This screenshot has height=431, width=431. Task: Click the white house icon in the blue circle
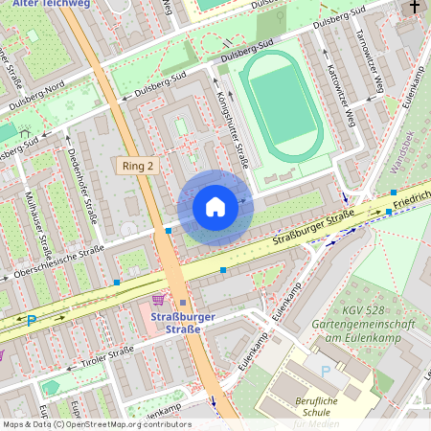[215, 207]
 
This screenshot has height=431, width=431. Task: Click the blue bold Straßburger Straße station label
[183, 323]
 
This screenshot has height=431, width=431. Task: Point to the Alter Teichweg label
[37, 5]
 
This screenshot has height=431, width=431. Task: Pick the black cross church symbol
[414, 8]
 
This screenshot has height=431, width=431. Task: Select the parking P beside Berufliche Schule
[326, 370]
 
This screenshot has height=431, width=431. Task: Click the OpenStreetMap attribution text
[96, 424]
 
